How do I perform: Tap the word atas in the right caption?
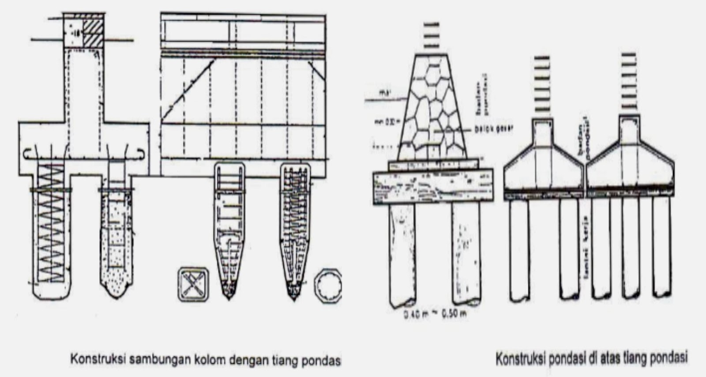pos(610,357)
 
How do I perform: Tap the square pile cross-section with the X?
pos(194,284)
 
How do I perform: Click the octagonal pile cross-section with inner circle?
pos(328,285)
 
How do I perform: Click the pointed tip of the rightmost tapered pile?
pos(294,299)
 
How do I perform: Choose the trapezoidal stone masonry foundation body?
pos(432,110)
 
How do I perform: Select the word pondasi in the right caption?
pos(563,358)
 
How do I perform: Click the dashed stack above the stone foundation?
pos(432,35)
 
